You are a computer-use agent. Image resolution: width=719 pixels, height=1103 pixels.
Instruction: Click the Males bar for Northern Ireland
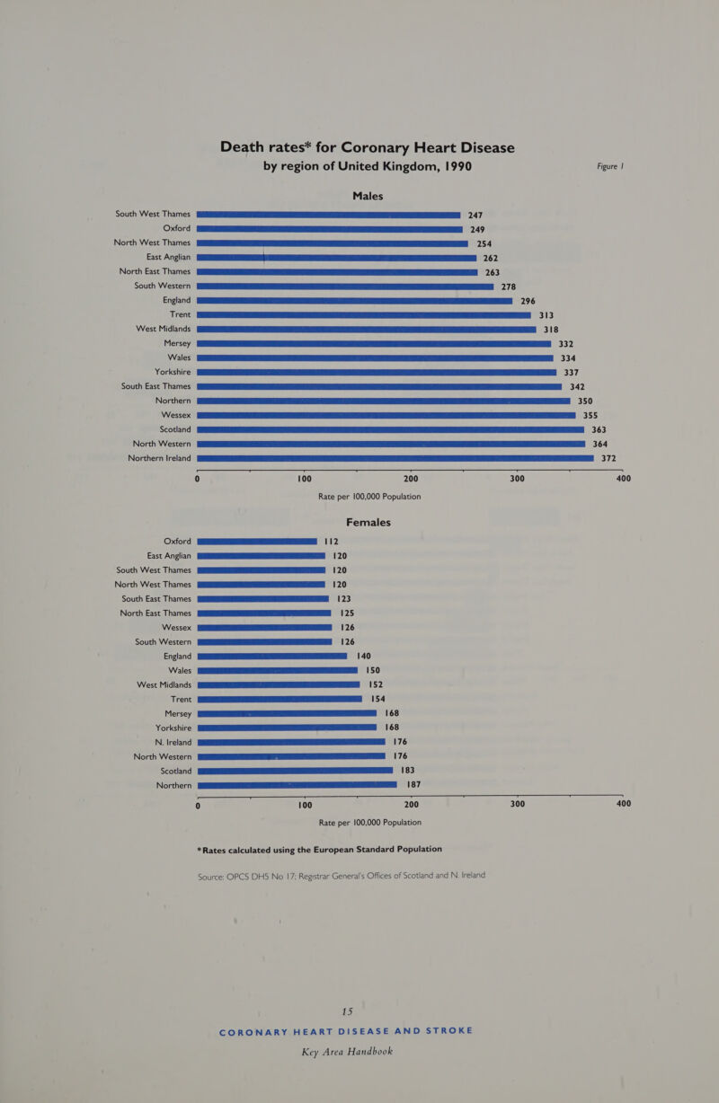coord(395,458)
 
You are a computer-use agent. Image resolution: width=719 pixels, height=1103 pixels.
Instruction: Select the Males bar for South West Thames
coord(329,215)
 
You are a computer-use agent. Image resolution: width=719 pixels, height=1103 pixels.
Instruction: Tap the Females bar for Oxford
coord(257,542)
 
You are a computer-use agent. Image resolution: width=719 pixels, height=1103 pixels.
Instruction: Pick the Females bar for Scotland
coord(295,771)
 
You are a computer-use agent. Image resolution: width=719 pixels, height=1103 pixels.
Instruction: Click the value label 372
coord(608,458)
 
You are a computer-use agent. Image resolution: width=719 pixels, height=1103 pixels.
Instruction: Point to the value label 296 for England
coord(528,301)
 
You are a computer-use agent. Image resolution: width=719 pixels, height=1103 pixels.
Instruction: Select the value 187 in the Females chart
coord(413,784)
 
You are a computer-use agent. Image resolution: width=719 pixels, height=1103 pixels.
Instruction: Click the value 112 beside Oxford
coord(331,542)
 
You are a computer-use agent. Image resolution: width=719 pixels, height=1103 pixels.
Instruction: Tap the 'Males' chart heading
coord(368,196)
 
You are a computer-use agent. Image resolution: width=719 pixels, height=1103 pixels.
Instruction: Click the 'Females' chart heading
coord(368,523)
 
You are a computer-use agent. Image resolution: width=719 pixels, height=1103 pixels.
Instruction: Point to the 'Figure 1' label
coord(610,166)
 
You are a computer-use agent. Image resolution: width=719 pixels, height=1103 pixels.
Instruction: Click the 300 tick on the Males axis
coord(517,479)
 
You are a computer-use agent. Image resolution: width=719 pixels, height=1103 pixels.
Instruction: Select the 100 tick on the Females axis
coord(305,805)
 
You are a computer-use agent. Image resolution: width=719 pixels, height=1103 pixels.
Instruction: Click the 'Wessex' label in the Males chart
coord(176,415)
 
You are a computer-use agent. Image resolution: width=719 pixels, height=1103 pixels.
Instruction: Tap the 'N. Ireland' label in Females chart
coord(173,742)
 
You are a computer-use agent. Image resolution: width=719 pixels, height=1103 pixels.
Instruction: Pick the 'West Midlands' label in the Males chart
coord(163,329)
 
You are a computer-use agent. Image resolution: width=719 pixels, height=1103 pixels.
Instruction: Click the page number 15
coord(347,1011)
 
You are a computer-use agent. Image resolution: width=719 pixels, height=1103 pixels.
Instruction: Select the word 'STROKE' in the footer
coord(449,1030)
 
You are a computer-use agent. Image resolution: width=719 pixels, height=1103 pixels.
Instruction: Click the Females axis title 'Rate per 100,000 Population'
coord(369,823)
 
